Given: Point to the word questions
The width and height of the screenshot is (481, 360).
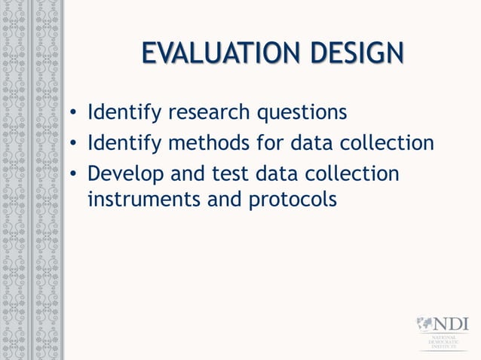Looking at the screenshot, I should coord(303,114).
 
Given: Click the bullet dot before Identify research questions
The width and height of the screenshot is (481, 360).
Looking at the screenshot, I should coord(72,114).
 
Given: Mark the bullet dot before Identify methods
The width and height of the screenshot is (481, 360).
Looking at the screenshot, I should coord(72,144).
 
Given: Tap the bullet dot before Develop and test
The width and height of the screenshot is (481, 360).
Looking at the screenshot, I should coord(72,174).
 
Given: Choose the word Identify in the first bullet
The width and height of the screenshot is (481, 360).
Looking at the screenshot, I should coord(124,114).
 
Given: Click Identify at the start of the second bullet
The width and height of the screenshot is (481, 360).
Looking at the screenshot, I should coord(124,143).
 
